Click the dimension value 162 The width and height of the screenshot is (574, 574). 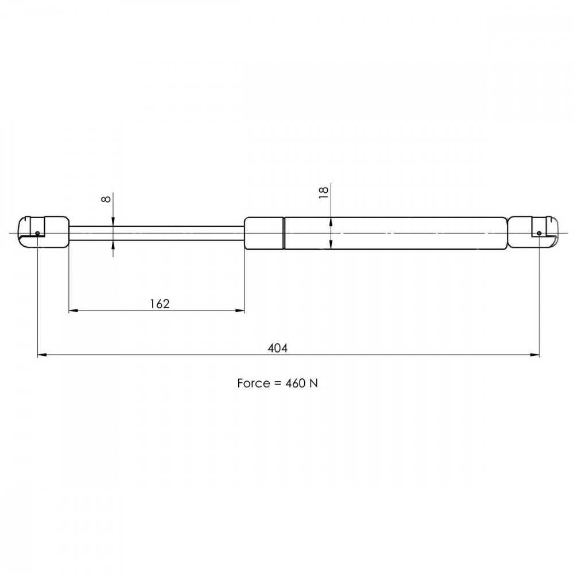click(160, 304)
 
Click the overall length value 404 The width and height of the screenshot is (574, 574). click(277, 348)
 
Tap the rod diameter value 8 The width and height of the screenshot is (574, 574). click(106, 199)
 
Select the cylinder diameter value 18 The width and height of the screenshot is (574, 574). click(324, 192)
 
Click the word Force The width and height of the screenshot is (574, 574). click(254, 383)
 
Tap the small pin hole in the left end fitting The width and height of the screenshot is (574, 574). click(37, 233)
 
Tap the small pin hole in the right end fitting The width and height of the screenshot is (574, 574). click(539, 233)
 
